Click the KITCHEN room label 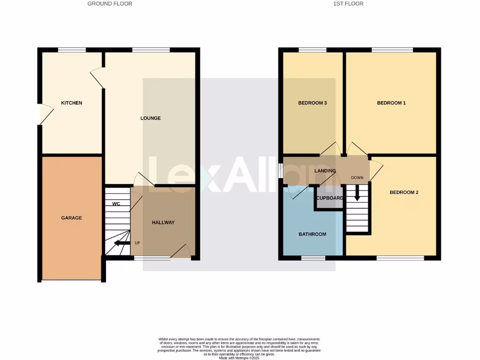72,103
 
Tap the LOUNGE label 150,118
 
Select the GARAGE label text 72,217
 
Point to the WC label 116,204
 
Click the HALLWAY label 163,222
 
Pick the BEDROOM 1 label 391,103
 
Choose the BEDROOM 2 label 404,192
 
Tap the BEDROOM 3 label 313,103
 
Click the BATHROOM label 313,234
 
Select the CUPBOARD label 330,198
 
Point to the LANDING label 325,171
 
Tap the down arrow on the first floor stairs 357,193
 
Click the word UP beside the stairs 137,243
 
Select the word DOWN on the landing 357,178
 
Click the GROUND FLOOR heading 110,4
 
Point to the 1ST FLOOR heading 348,4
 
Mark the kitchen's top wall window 72,50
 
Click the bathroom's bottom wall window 313,257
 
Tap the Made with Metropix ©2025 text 240,358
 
